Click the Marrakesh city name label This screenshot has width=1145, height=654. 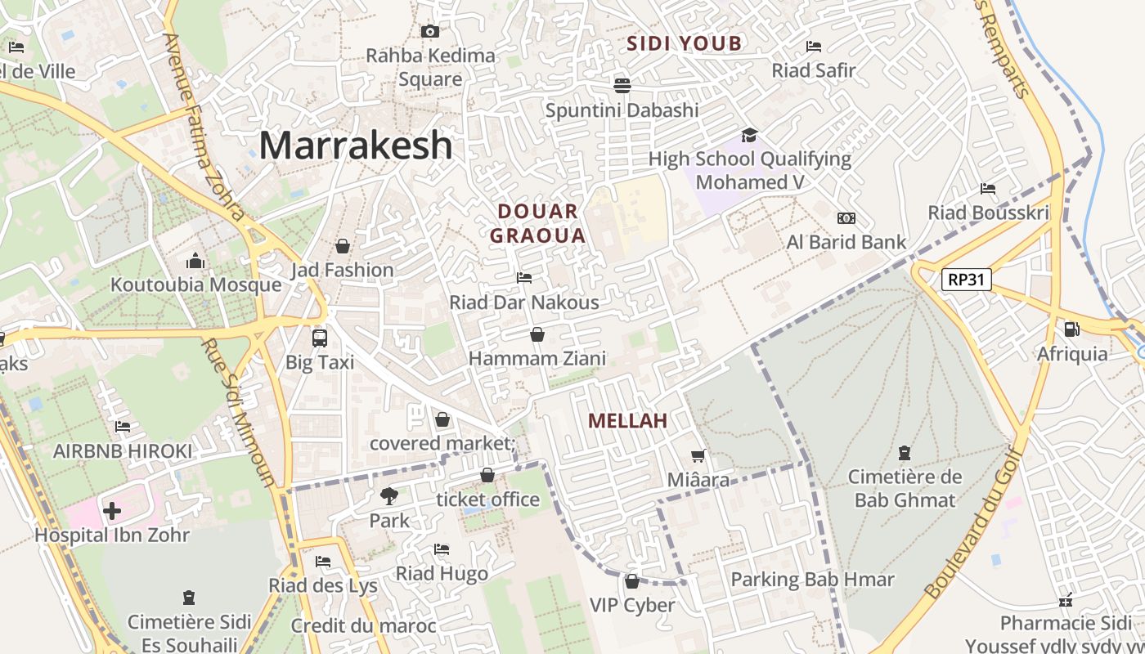(356, 146)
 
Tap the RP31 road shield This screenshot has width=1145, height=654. (966, 280)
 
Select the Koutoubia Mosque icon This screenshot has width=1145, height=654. (195, 261)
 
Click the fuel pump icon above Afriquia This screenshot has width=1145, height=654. (1071, 329)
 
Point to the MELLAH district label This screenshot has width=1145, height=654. (627, 421)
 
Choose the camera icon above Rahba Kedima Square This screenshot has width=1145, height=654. (429, 31)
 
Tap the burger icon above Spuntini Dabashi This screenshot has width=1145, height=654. (622, 85)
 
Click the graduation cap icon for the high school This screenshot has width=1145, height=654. (749, 134)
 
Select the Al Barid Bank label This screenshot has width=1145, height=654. (846, 242)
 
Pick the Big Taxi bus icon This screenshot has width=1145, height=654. (319, 338)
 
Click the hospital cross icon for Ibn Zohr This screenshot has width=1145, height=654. (112, 512)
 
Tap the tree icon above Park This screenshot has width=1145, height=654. (389, 495)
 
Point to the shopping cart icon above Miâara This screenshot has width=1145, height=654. (698, 455)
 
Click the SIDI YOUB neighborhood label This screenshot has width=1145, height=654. (685, 43)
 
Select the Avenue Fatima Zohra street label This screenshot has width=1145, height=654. (204, 127)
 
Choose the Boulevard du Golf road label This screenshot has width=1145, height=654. (974, 523)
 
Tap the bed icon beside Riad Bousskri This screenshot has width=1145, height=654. (988, 189)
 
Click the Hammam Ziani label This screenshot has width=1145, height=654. (537, 358)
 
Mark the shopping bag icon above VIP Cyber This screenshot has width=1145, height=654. (631, 581)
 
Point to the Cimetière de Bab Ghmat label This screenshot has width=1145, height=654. (905, 488)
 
